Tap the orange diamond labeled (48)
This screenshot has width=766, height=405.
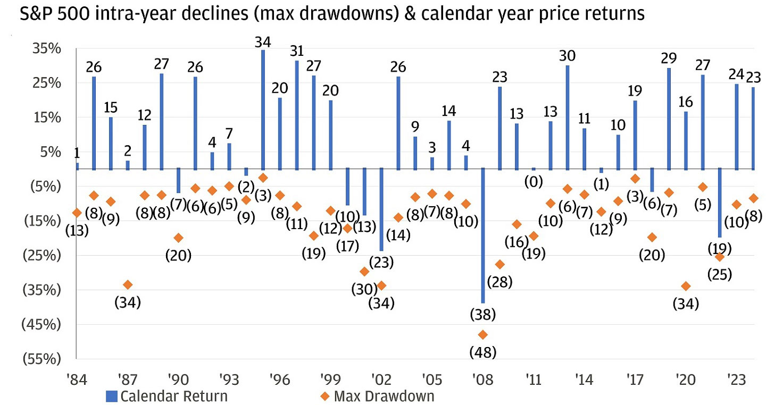tap(483, 334)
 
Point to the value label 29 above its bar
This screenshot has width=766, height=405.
tap(669, 58)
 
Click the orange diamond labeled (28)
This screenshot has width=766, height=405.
tap(499, 264)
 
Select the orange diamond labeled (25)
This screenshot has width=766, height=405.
tap(719, 257)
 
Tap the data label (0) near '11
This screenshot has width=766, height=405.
tap(534, 182)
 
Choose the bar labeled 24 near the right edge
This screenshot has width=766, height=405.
tap(736, 127)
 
